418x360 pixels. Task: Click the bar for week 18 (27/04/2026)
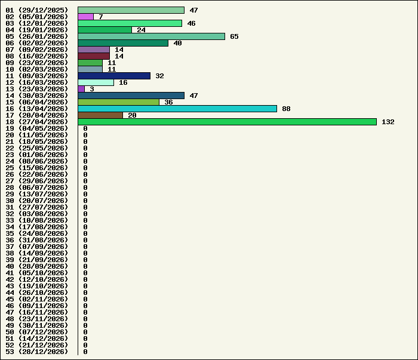tap(227, 122)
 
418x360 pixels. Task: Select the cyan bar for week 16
tap(177, 109)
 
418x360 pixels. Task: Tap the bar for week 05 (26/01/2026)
tap(152, 36)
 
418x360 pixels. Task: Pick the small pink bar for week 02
tap(85, 17)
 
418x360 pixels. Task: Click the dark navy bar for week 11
tap(114, 76)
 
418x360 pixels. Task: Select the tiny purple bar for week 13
tap(81, 89)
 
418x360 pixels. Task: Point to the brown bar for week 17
tap(100, 115)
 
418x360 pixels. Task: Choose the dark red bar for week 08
tap(94, 56)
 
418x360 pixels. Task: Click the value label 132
tap(388, 122)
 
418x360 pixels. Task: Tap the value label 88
tap(286, 109)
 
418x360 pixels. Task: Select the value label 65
tap(234, 36)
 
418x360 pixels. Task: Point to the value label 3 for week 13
tap(92, 89)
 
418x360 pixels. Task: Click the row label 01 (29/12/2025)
tap(37, 10)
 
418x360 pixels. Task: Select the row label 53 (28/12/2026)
tap(37, 352)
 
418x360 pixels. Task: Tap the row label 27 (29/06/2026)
tap(37, 181)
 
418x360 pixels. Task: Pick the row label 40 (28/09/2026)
tap(37, 266)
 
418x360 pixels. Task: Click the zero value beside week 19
tap(85, 128)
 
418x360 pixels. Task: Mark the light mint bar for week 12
tap(96, 82)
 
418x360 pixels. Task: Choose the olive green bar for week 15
tap(119, 102)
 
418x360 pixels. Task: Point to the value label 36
tap(168, 102)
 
